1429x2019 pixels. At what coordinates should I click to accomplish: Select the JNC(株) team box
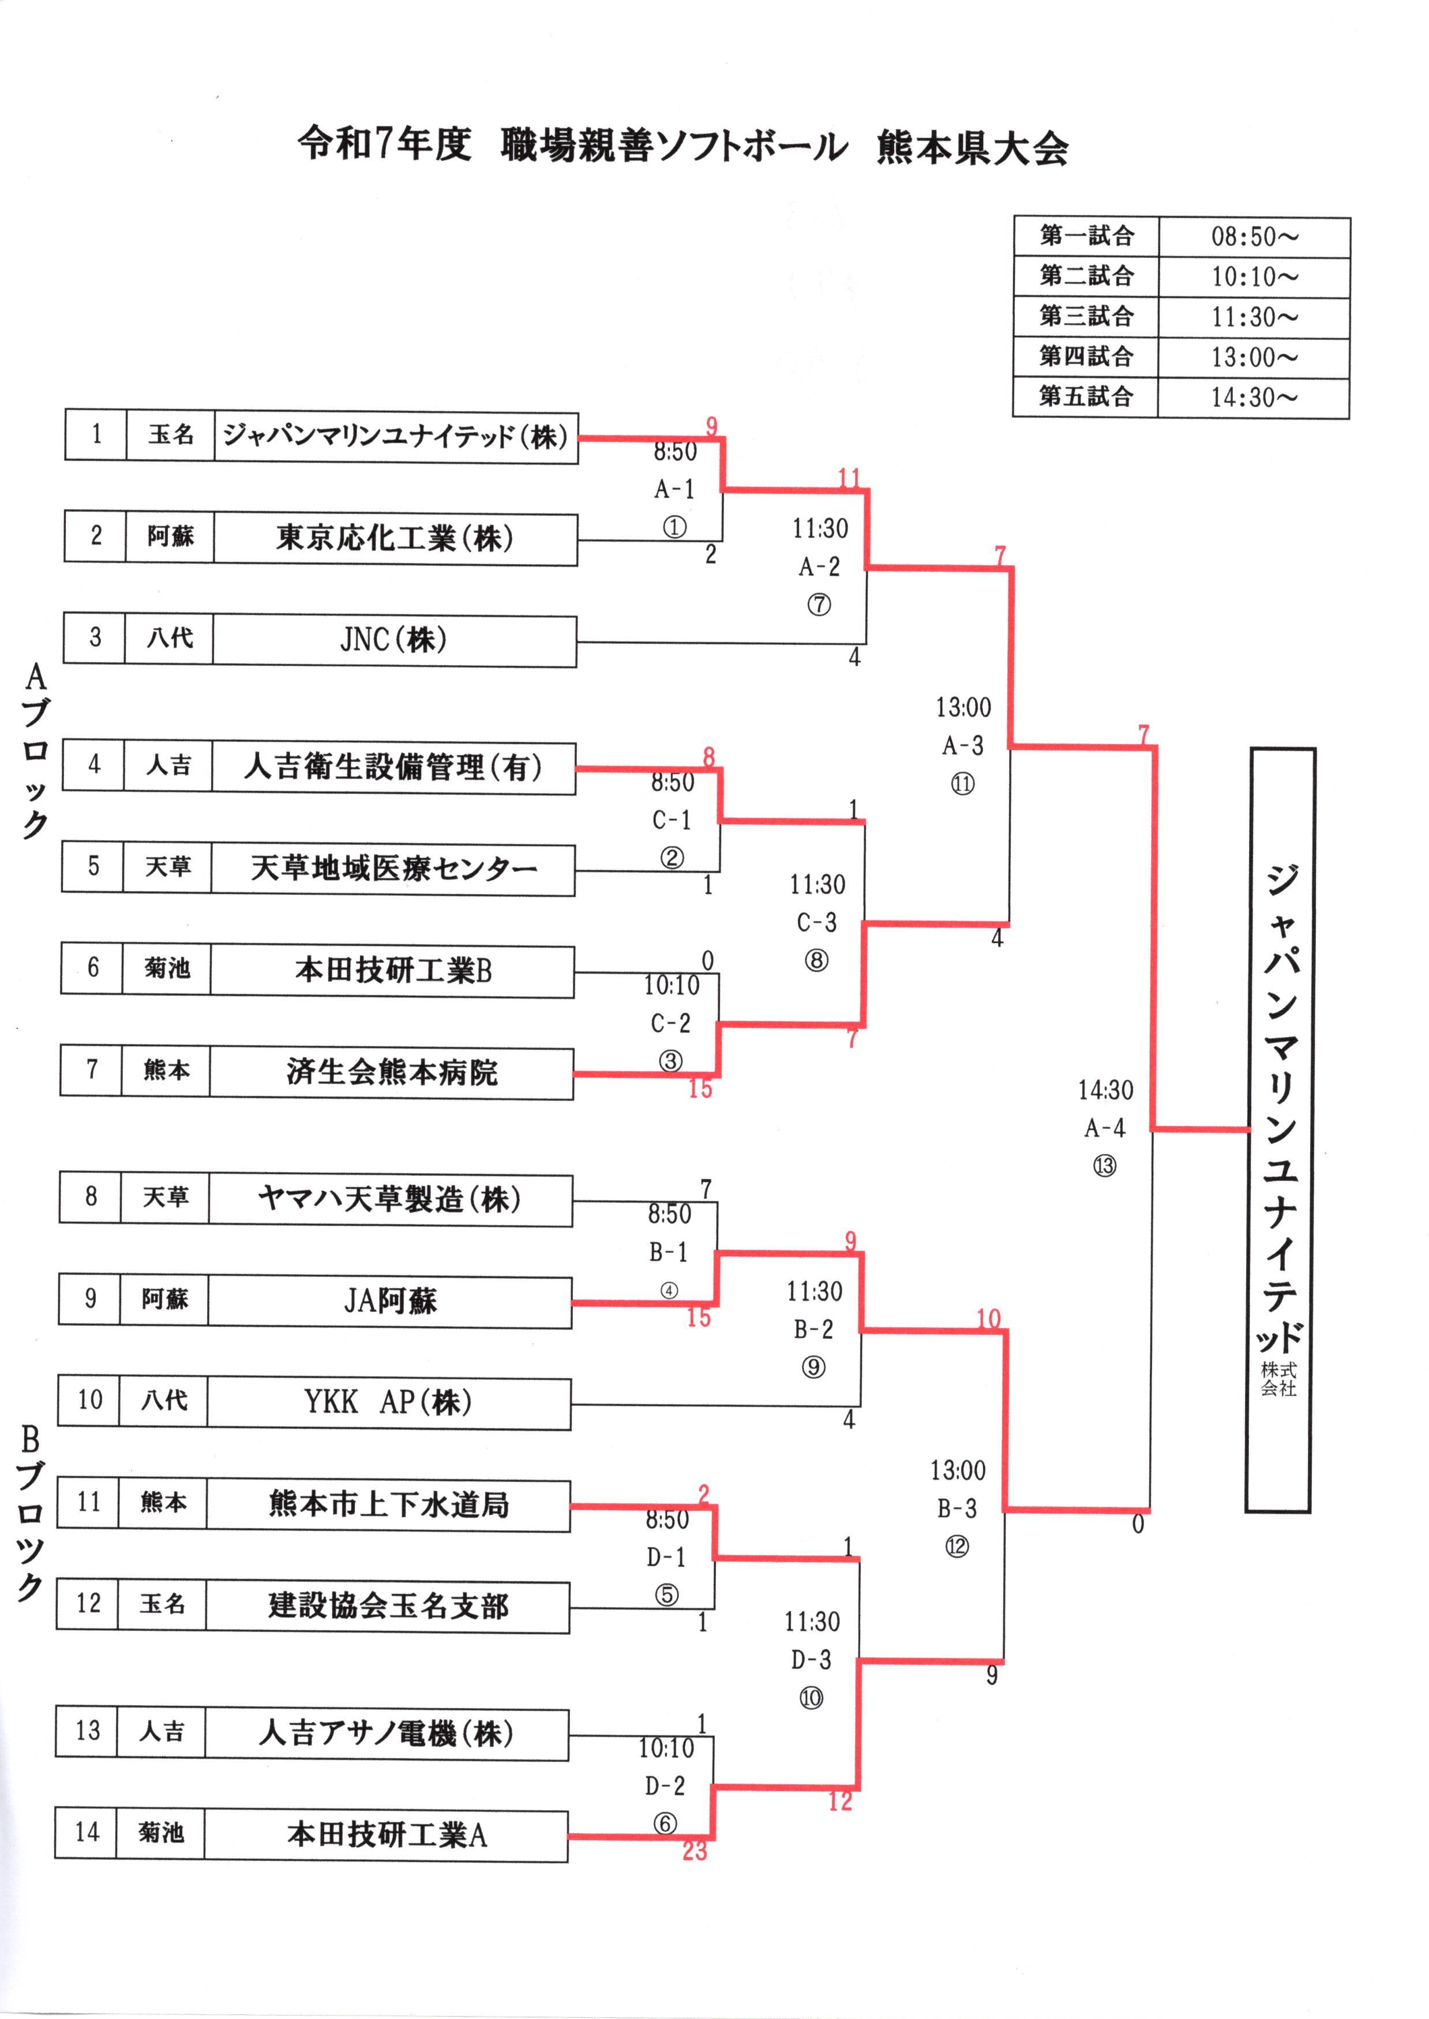pos(393,640)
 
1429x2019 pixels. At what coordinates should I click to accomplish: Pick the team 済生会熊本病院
pos(392,1072)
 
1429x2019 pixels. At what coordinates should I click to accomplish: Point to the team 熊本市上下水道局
pos(388,1504)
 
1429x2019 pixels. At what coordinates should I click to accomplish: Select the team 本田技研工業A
pos(387,1835)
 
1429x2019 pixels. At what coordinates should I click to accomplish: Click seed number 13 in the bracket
pos(87,1731)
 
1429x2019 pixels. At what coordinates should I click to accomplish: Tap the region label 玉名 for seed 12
pos(163,1604)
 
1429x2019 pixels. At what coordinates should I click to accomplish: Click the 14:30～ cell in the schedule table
pos(1254,397)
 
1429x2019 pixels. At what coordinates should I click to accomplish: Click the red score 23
pos(694,1852)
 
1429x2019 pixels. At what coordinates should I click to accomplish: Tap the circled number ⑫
pos(957,1547)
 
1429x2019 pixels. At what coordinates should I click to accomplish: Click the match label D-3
pos(811,1660)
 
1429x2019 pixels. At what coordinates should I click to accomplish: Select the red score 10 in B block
pos(988,1319)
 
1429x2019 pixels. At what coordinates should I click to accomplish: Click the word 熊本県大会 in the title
pos(972,148)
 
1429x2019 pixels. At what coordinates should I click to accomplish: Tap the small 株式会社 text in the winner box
pos(1278,1379)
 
